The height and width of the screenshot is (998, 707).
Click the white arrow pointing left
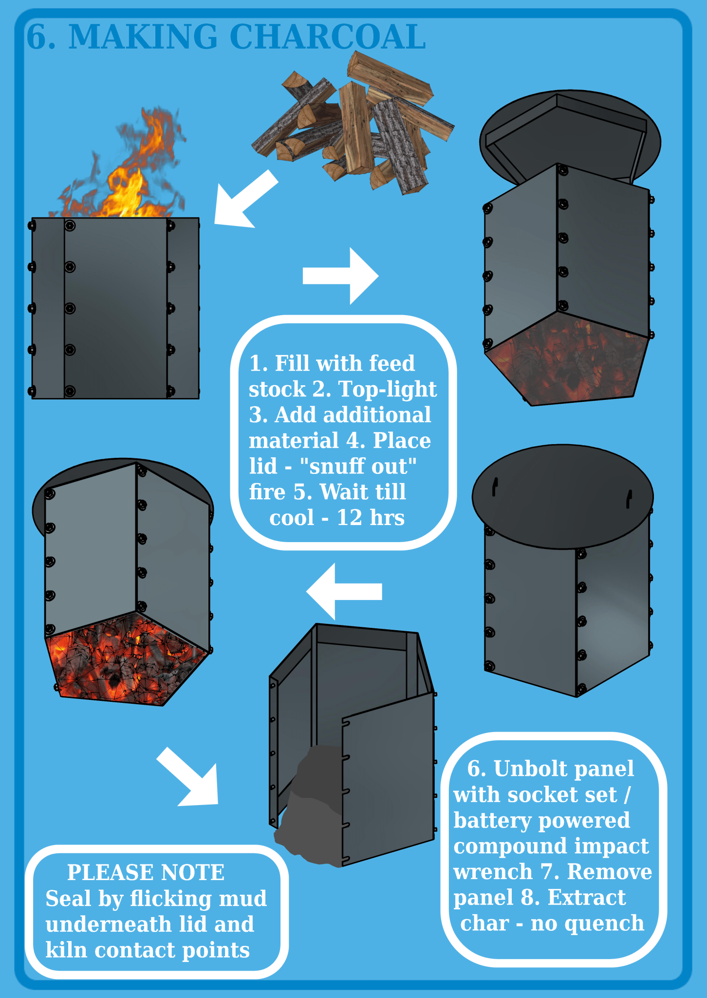point(344,591)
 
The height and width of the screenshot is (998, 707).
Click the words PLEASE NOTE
point(146,873)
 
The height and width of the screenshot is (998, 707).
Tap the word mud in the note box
point(242,899)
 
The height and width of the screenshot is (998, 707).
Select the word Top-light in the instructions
point(387,389)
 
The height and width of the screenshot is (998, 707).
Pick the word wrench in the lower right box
point(493,871)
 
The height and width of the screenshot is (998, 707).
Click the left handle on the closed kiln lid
point(495,487)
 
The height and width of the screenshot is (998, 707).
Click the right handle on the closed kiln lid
point(629,499)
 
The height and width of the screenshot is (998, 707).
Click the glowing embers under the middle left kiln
point(122,662)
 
